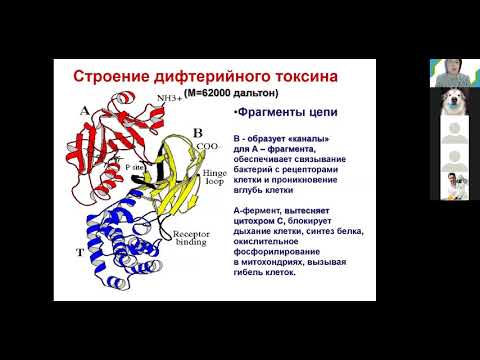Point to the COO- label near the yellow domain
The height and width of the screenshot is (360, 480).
206,145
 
